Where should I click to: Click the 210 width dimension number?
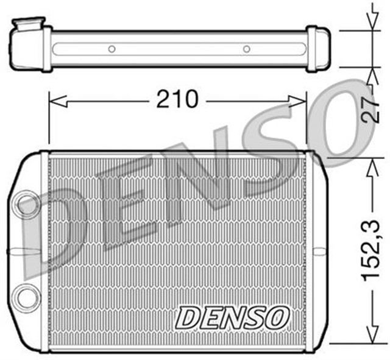tap(177, 99)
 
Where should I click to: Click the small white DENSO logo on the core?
tap(232, 317)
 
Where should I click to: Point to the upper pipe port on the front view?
tap(27, 205)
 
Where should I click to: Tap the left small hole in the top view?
tap(112, 48)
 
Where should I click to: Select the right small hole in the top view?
tap(246, 48)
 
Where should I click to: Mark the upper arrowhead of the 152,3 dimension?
tap(370, 163)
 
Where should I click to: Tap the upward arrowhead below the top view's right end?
tap(370, 74)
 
